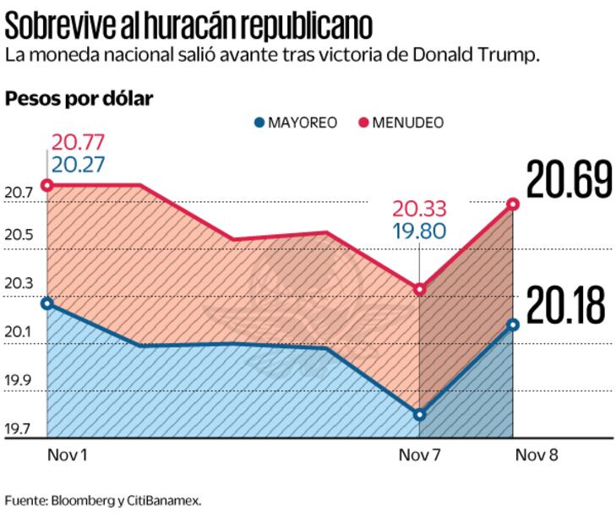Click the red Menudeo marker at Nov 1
pyautogui.click(x=47, y=185)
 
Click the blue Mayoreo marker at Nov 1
pyautogui.click(x=47, y=303)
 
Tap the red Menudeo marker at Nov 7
pyautogui.click(x=421, y=290)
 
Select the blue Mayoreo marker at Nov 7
pyautogui.click(x=421, y=414)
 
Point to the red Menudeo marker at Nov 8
pyautogui.click(x=513, y=204)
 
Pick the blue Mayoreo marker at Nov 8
pyautogui.click(x=513, y=324)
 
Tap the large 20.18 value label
pyautogui.click(x=565, y=306)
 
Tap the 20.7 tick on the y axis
pyautogui.click(x=19, y=193)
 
